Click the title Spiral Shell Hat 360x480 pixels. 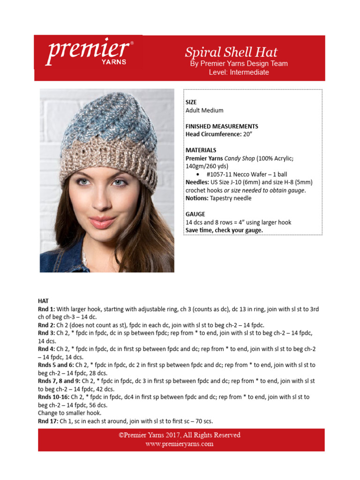(231, 52)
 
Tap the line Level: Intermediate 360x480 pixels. (239, 72)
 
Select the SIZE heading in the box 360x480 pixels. (191, 102)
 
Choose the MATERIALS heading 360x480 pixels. (201, 150)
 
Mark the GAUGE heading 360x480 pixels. (195, 214)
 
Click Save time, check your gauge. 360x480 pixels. (224, 230)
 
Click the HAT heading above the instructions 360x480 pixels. (43, 300)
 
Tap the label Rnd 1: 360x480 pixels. (46, 309)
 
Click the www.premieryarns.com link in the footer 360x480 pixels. (179, 443)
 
